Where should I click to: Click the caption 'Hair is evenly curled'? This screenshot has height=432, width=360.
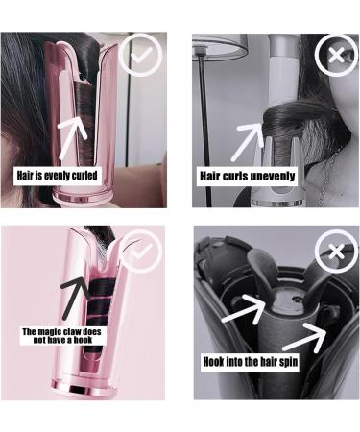58,176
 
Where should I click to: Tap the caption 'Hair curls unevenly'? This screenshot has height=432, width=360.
248,176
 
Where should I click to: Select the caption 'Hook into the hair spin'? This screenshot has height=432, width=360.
251,362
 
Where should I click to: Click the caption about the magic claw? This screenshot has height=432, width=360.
62,335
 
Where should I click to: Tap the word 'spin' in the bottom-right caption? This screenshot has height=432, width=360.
289,362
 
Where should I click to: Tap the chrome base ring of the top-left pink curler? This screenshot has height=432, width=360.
84,198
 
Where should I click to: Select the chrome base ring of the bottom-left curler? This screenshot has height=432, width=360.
84,387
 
